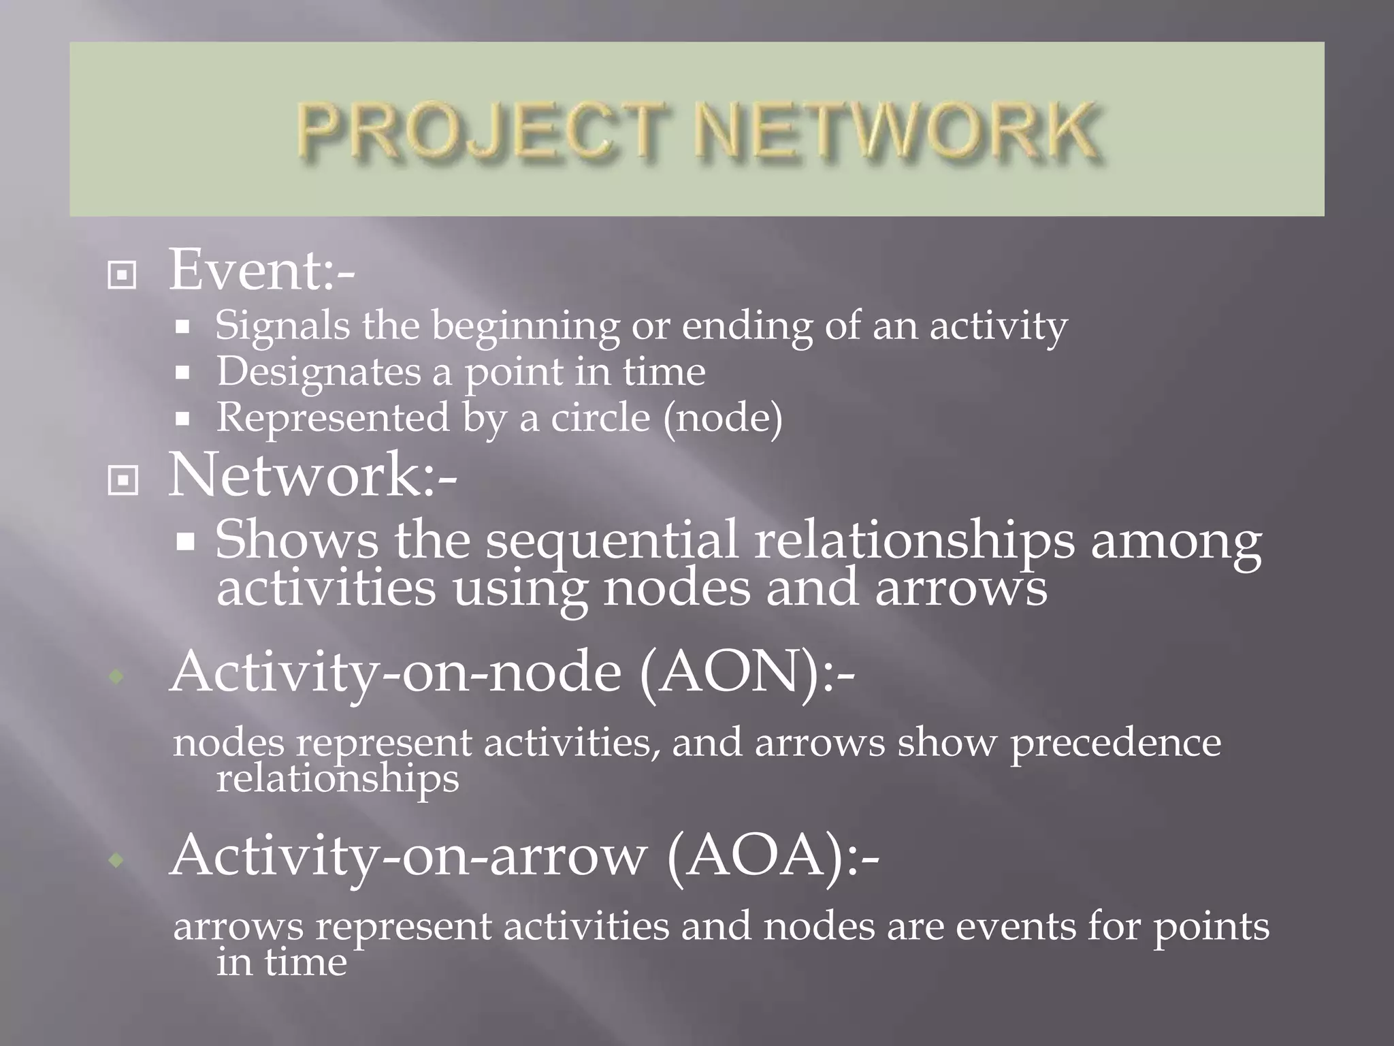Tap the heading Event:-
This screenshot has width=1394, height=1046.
261,271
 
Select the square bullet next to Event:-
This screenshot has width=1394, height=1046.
123,276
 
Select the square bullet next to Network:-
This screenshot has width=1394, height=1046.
123,481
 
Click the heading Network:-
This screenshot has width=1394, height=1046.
312,475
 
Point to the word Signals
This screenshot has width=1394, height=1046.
282,326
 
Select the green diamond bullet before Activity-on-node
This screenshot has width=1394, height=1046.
117,677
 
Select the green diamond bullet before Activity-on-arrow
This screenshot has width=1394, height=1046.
117,861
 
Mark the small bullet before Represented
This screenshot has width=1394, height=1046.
182,419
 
